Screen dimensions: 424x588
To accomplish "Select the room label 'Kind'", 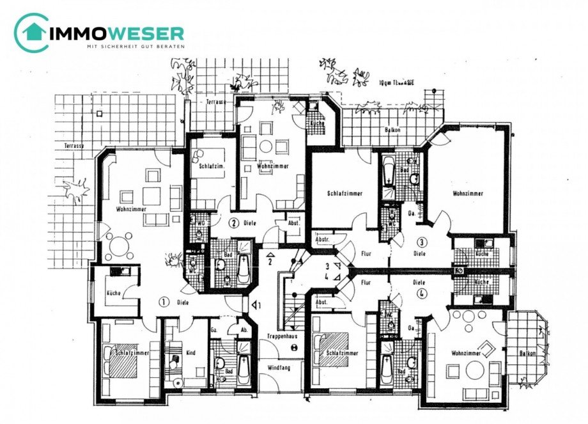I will click(x=190, y=352).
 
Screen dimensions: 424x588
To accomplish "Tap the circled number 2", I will click(x=234, y=223).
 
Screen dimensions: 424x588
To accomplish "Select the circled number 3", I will click(x=421, y=242).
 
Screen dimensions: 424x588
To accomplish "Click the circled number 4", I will click(x=421, y=294).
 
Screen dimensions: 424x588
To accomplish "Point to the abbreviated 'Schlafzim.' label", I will click(x=210, y=165).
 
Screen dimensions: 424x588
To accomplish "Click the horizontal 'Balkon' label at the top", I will click(x=392, y=129).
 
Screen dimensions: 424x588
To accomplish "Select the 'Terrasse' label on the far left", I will click(x=73, y=146).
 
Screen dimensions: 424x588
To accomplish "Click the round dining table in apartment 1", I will click(x=120, y=246).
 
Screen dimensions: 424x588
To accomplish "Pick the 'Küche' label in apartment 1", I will click(x=113, y=294).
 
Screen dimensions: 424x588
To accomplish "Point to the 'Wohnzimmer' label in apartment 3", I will click(x=467, y=193).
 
